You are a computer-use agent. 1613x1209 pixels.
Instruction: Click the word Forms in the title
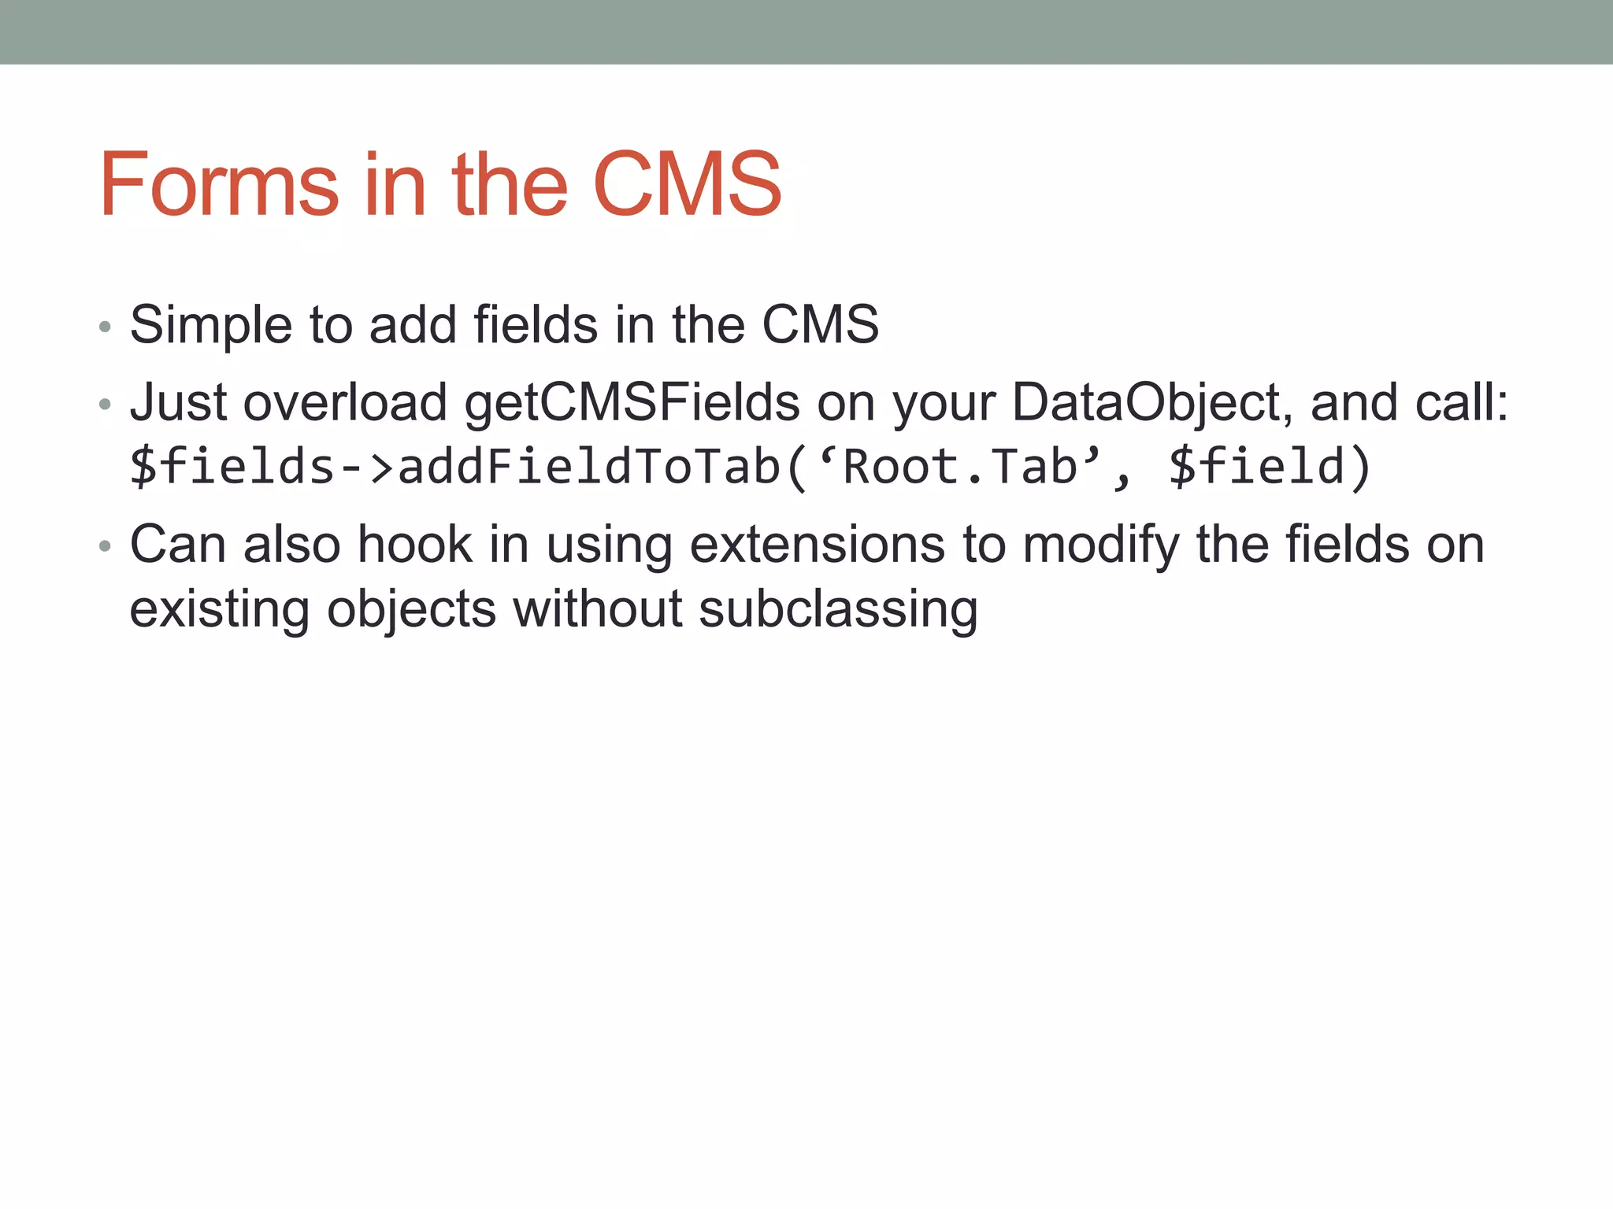[219, 185]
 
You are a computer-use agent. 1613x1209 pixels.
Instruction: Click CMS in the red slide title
[686, 185]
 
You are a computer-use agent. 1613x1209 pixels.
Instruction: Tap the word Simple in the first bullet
[210, 325]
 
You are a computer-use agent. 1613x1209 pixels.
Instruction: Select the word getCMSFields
[632, 403]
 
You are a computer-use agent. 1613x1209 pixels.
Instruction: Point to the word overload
[345, 403]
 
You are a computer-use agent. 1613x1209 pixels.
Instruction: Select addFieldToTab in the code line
[589, 466]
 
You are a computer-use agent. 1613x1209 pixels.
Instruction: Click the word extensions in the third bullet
[817, 545]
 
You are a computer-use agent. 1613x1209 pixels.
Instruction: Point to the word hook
[414, 545]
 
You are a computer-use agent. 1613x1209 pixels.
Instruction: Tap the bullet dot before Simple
[105, 327]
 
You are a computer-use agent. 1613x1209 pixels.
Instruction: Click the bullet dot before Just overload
[105, 405]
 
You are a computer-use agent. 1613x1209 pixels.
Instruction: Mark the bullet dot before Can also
[105, 546]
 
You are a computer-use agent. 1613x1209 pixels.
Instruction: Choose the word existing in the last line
[219, 610]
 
